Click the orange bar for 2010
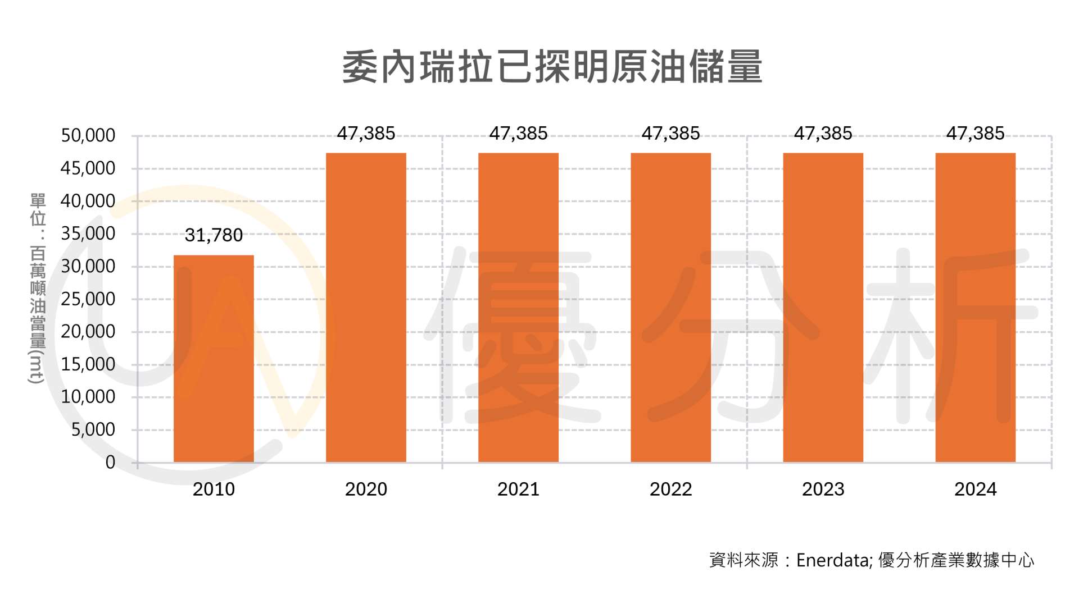coord(214,359)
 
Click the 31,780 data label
coord(214,235)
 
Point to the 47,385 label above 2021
coord(518,134)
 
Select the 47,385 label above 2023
coord(823,134)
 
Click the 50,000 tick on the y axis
coord(88,136)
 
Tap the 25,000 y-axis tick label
coord(88,299)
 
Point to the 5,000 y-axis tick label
coord(93,430)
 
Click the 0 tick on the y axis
coord(110,463)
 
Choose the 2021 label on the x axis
coord(518,490)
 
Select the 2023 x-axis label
coord(823,490)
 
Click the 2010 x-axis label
coord(214,490)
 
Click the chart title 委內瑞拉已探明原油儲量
coord(552,67)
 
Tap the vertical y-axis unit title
coord(38,289)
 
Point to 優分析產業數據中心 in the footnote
coord(956,560)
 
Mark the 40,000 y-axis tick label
coord(88,201)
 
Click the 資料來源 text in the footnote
coord(743,560)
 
